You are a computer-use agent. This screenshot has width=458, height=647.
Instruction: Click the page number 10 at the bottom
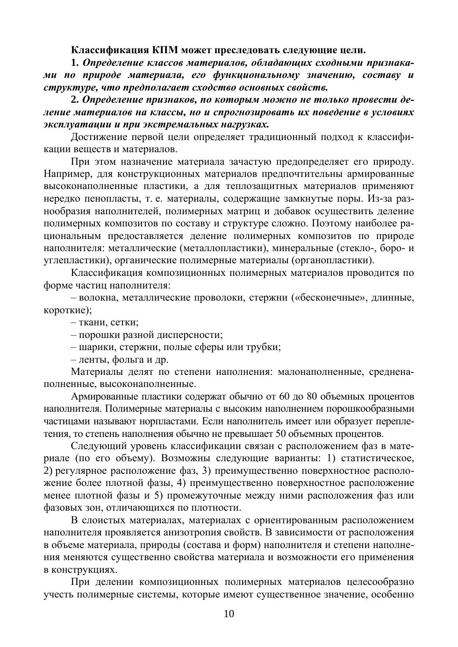[229, 613]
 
